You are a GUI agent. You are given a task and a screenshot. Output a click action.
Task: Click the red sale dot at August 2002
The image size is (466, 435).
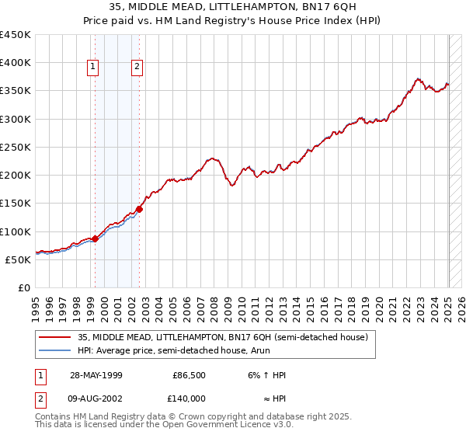click(140, 209)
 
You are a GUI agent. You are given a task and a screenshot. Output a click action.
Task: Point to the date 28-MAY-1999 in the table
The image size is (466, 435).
click(96, 375)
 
